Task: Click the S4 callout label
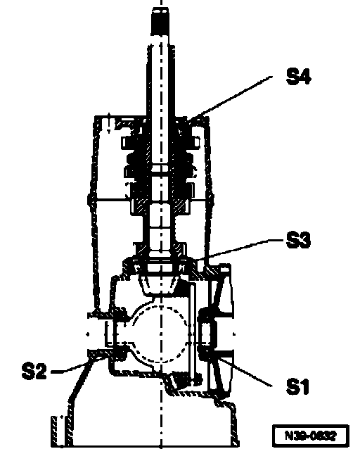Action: pos(298,76)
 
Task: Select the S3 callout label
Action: pos(298,239)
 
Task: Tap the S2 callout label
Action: pos(34,371)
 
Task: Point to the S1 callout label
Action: pos(297,386)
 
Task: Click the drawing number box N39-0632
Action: pos(311,436)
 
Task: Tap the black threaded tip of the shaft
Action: pos(161,22)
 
